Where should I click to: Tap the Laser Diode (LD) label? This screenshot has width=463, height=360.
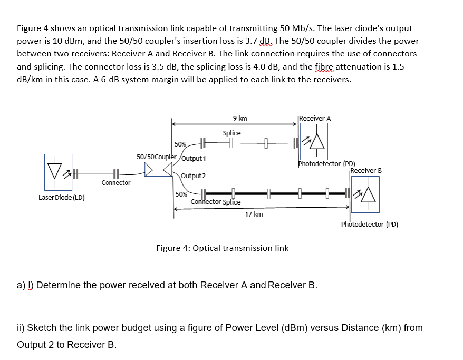point(62,198)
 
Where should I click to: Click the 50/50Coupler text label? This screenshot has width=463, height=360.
point(156,157)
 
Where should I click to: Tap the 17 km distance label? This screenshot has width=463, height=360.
point(254,214)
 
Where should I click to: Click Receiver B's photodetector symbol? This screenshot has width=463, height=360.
point(365,194)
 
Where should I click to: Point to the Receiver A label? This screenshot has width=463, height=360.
point(315,118)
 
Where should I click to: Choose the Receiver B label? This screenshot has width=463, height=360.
point(366,171)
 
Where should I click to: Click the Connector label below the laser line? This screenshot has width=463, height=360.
point(116,183)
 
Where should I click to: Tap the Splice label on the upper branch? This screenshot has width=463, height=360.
point(231,133)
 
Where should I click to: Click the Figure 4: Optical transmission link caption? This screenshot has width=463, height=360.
point(223,248)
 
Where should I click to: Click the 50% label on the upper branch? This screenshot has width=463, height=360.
point(180,144)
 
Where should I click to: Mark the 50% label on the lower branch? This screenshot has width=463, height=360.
point(180,194)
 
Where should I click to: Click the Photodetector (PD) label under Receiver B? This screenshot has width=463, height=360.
point(370,225)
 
